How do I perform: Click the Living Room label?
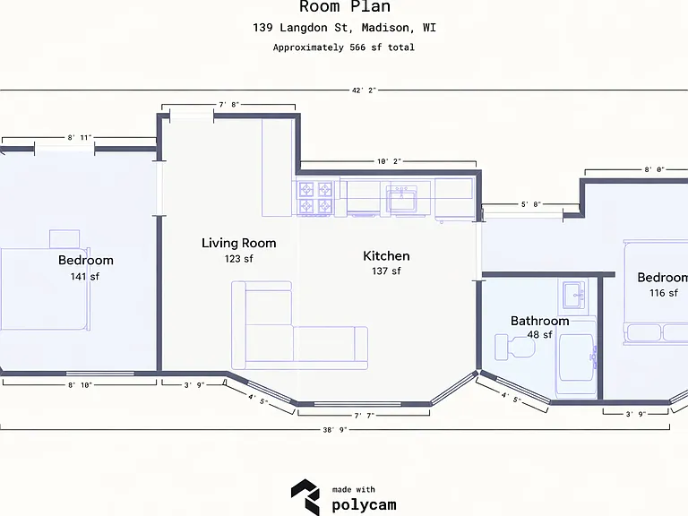pos(238,243)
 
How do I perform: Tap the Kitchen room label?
pos(386,256)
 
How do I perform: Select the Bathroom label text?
pos(539,321)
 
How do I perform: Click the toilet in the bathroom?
pos(515,347)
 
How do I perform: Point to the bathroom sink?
pos(574,296)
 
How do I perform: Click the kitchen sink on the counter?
pos(401,198)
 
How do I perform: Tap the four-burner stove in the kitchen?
pos(315,198)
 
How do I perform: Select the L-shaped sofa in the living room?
pos(299,325)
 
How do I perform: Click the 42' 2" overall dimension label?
pos(364,90)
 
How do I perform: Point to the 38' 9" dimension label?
pos(335,430)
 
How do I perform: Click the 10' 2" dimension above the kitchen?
pos(389,161)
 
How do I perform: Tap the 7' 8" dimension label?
pos(228,105)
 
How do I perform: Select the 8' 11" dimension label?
pos(80,137)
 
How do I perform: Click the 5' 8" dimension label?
pos(531,204)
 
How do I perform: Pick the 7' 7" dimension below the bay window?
pos(365,416)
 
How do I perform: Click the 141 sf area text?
pos(85,277)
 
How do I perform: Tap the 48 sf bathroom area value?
pos(539,335)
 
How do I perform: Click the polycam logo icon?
pos(305,497)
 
